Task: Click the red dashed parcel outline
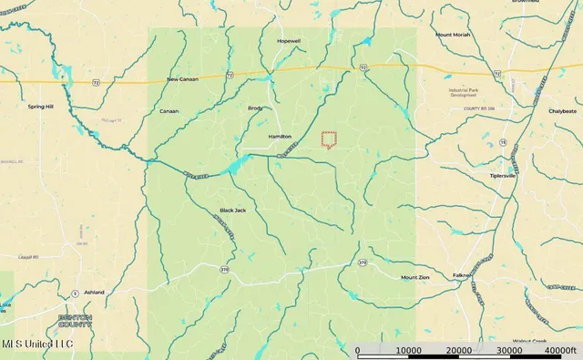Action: coord(329,139)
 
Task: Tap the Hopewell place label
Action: coord(290,42)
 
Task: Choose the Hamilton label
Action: coord(279,136)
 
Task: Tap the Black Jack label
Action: coord(233,210)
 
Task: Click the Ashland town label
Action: coord(94,293)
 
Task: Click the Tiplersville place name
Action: coord(504,176)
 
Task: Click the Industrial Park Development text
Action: coord(470,93)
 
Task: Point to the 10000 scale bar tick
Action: coord(408,350)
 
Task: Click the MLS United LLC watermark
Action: coord(38,344)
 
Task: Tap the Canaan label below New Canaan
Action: coord(169,111)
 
